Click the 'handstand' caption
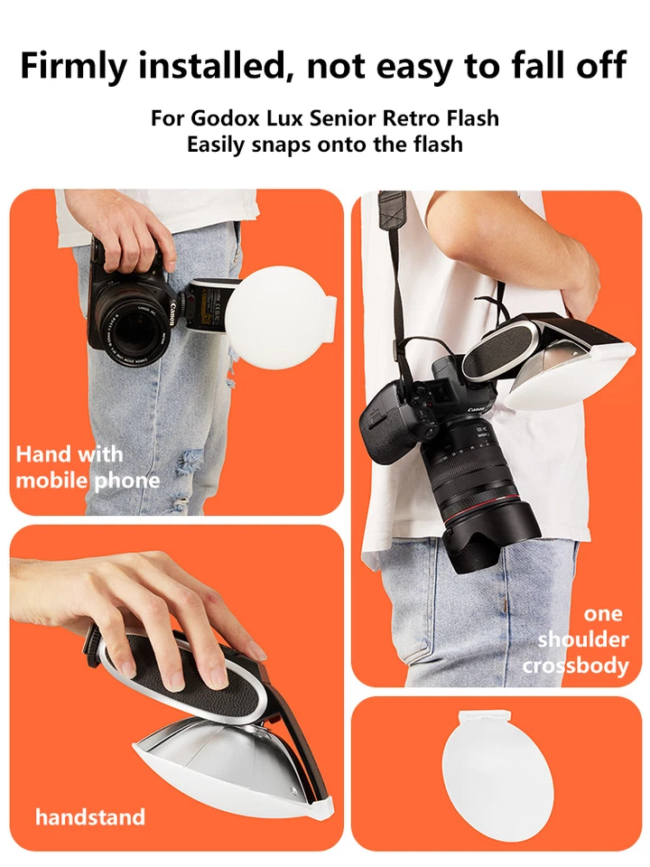pos(89,817)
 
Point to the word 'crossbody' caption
pos(576,666)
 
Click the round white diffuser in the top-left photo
pos(276,317)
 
